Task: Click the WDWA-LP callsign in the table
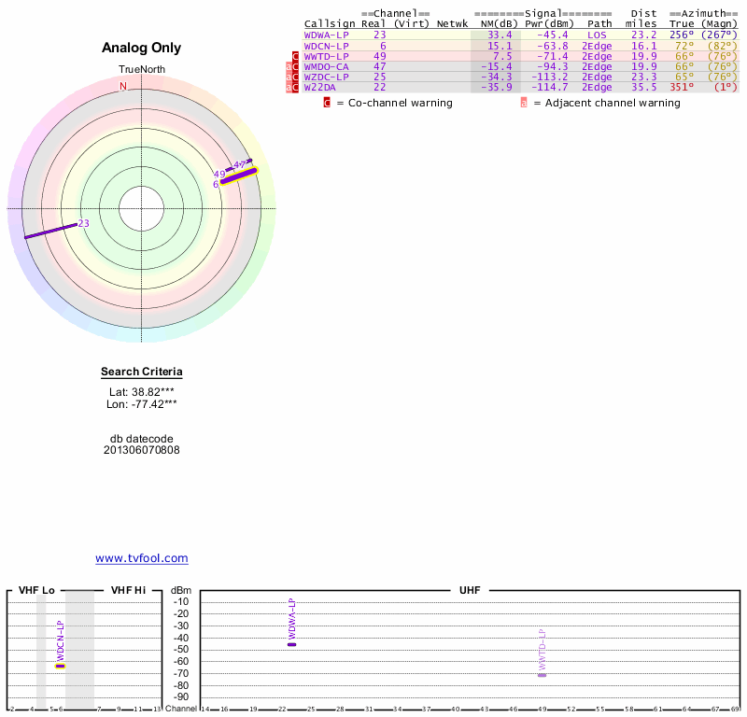click(x=326, y=35)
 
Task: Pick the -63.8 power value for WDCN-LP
click(x=550, y=45)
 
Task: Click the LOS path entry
click(x=597, y=35)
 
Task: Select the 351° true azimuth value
click(x=681, y=87)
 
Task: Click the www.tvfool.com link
click(x=142, y=558)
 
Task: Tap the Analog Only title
click(x=142, y=48)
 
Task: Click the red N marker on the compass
click(x=122, y=87)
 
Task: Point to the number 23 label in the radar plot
click(x=83, y=224)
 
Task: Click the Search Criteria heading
click(x=142, y=373)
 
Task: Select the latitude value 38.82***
click(x=142, y=391)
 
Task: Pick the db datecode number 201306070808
click(x=142, y=450)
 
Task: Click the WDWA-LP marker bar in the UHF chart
click(x=291, y=644)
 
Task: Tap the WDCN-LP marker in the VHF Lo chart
click(x=60, y=666)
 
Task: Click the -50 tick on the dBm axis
click(x=181, y=650)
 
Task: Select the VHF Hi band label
click(x=128, y=590)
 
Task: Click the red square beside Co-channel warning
click(x=327, y=103)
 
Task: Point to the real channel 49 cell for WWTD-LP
click(x=380, y=56)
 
